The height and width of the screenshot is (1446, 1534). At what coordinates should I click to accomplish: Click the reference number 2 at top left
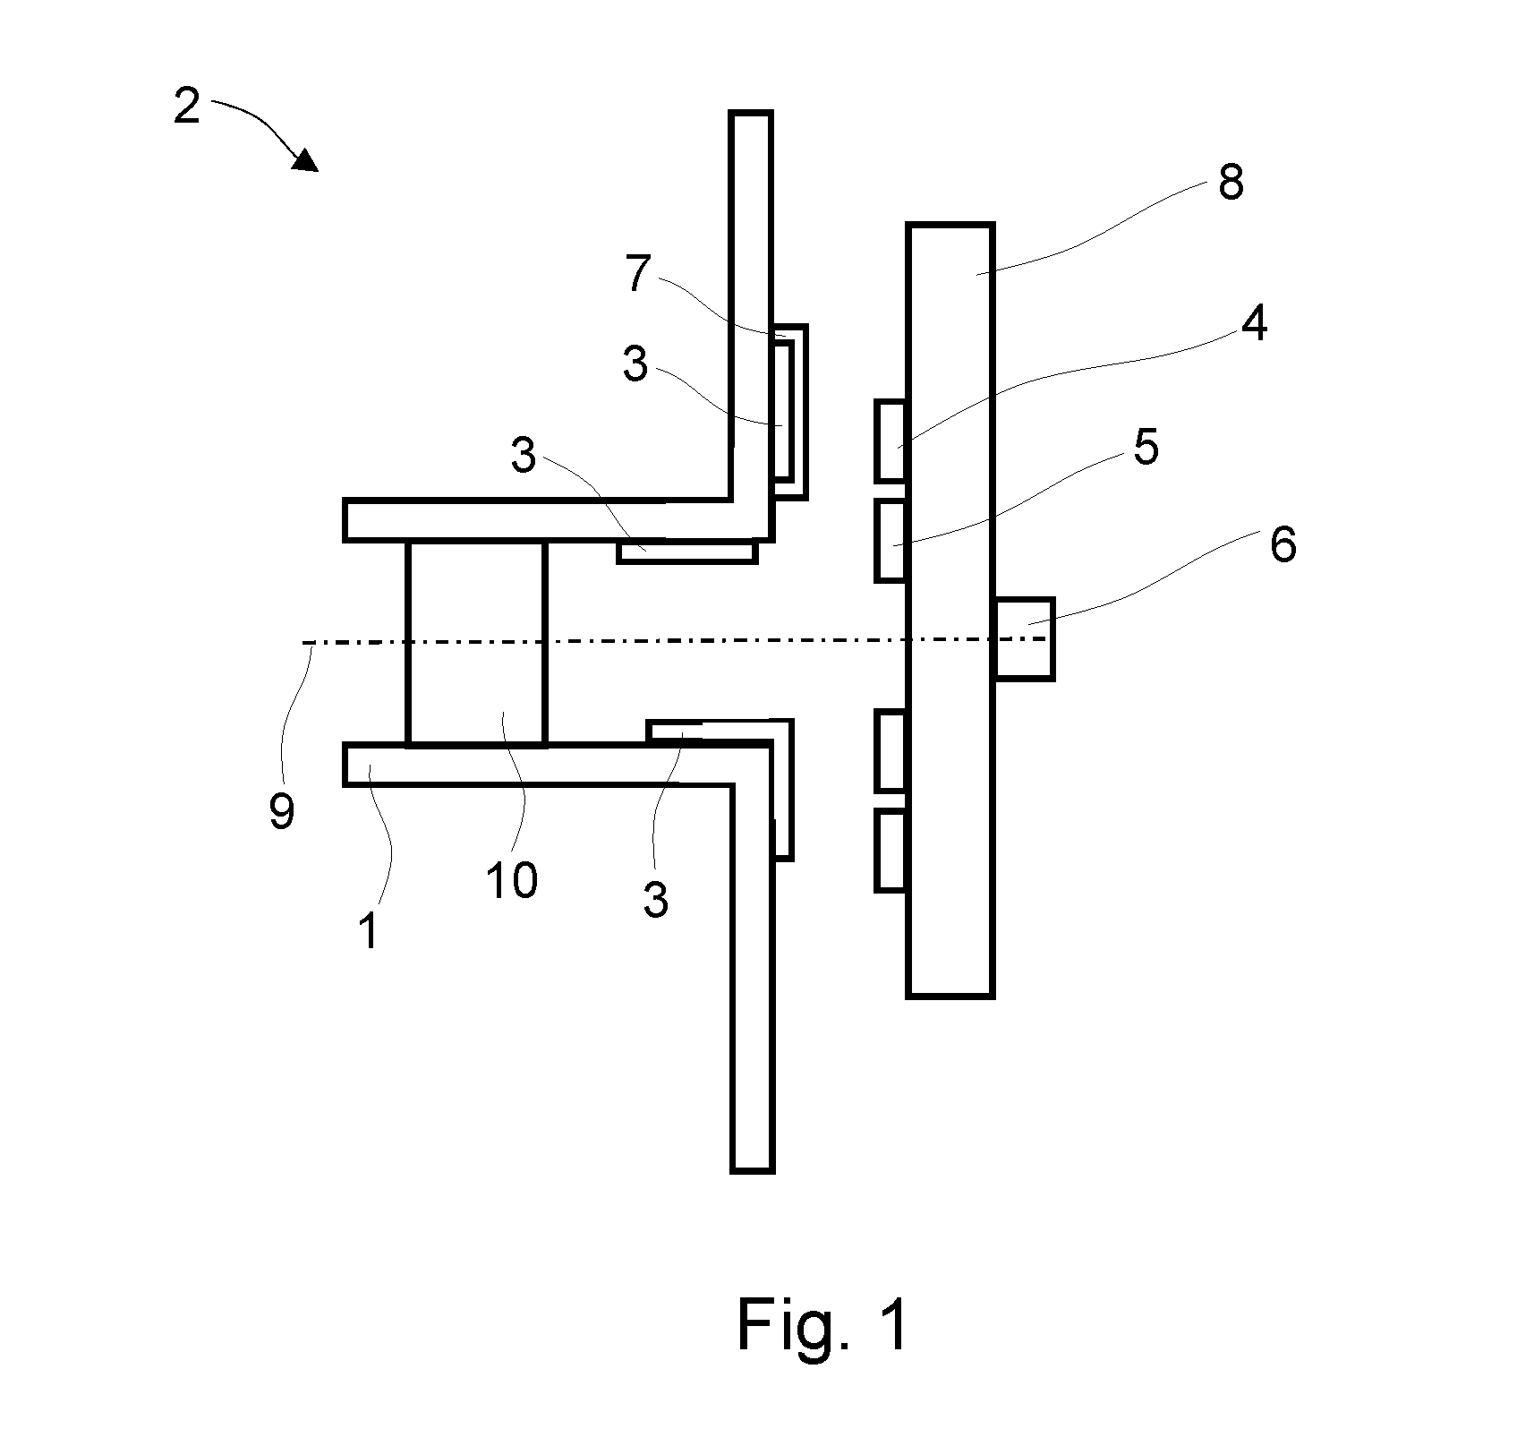click(x=186, y=107)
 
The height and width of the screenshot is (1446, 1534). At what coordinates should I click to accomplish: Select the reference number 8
click(x=1231, y=183)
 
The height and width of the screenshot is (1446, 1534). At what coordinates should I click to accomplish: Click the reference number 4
click(x=1255, y=322)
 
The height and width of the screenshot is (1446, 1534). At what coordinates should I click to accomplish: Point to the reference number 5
click(x=1146, y=446)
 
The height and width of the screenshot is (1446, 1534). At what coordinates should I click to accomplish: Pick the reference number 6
click(x=1283, y=544)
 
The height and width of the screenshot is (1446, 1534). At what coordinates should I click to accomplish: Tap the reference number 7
click(x=636, y=274)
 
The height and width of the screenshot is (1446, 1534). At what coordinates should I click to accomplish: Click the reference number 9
click(x=282, y=812)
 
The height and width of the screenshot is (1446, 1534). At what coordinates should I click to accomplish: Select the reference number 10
click(x=512, y=880)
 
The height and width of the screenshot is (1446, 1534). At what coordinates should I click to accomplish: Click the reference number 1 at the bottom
click(x=370, y=931)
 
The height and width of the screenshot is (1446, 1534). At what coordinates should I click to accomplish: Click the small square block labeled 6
click(x=1025, y=638)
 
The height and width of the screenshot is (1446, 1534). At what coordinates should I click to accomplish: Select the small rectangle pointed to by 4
click(x=891, y=442)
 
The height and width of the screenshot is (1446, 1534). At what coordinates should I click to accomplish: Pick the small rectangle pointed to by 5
click(x=891, y=541)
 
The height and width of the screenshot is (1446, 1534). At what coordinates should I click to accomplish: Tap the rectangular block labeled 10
click(x=475, y=643)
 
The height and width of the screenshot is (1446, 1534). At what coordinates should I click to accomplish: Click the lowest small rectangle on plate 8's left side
click(x=891, y=851)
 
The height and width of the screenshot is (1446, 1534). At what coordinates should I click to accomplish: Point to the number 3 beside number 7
click(x=635, y=365)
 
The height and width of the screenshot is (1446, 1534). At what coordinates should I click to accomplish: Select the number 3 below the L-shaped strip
click(x=656, y=900)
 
